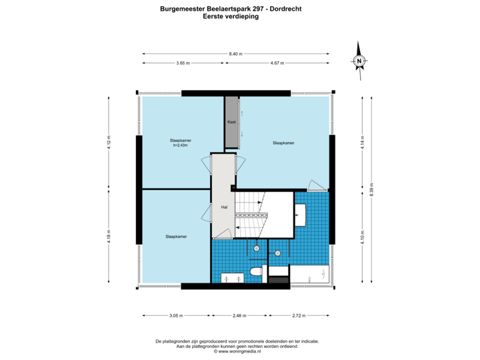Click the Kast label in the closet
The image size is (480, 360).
pyautogui.click(x=232, y=122)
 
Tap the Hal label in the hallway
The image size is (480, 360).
pyautogui.click(x=223, y=207)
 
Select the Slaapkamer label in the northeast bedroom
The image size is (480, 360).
pyautogui.click(x=283, y=143)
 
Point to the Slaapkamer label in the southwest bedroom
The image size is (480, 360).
pyautogui.click(x=176, y=236)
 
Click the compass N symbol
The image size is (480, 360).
pyautogui.click(x=359, y=61)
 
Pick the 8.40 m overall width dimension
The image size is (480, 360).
pyautogui.click(x=236, y=53)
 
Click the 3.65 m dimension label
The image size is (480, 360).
pyautogui.click(x=183, y=63)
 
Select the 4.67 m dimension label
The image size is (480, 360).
pyautogui.click(x=277, y=63)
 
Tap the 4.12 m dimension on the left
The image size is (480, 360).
pyautogui.click(x=108, y=142)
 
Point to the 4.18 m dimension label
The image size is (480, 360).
pyautogui.click(x=108, y=237)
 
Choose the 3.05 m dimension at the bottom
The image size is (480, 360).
pyautogui.click(x=175, y=315)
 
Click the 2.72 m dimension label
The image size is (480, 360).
pyautogui.click(x=299, y=315)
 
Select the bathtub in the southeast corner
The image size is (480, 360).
pyautogui.click(x=309, y=273)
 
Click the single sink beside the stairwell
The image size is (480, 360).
pyautogui.click(x=300, y=214)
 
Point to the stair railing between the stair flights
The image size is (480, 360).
pyautogui.click(x=251, y=216)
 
